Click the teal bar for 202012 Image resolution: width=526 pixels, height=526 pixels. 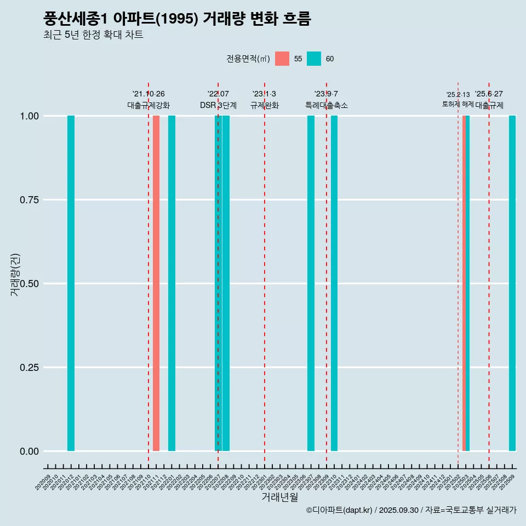point(71,283)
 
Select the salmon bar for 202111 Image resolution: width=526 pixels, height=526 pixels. point(156,283)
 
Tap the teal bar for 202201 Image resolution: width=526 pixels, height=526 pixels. point(171,283)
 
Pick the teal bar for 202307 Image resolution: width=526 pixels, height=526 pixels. point(311,283)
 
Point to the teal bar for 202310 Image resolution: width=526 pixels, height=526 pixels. point(334,283)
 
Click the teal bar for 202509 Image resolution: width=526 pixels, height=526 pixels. point(512,283)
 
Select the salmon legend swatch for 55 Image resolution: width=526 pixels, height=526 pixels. point(282,59)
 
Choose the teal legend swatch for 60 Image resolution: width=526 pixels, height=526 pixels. point(314,59)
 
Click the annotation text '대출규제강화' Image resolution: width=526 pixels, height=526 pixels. point(148,105)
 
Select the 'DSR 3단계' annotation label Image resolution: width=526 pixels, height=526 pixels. point(218,105)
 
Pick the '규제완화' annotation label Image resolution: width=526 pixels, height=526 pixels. point(265,105)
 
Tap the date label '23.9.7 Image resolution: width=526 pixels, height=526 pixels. point(326,94)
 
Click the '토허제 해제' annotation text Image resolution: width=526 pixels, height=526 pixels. point(458,104)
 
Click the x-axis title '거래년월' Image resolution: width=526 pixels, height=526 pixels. point(280,497)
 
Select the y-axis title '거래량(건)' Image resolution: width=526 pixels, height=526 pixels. point(15,275)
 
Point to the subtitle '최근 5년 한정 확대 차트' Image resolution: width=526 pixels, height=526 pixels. point(93,35)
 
